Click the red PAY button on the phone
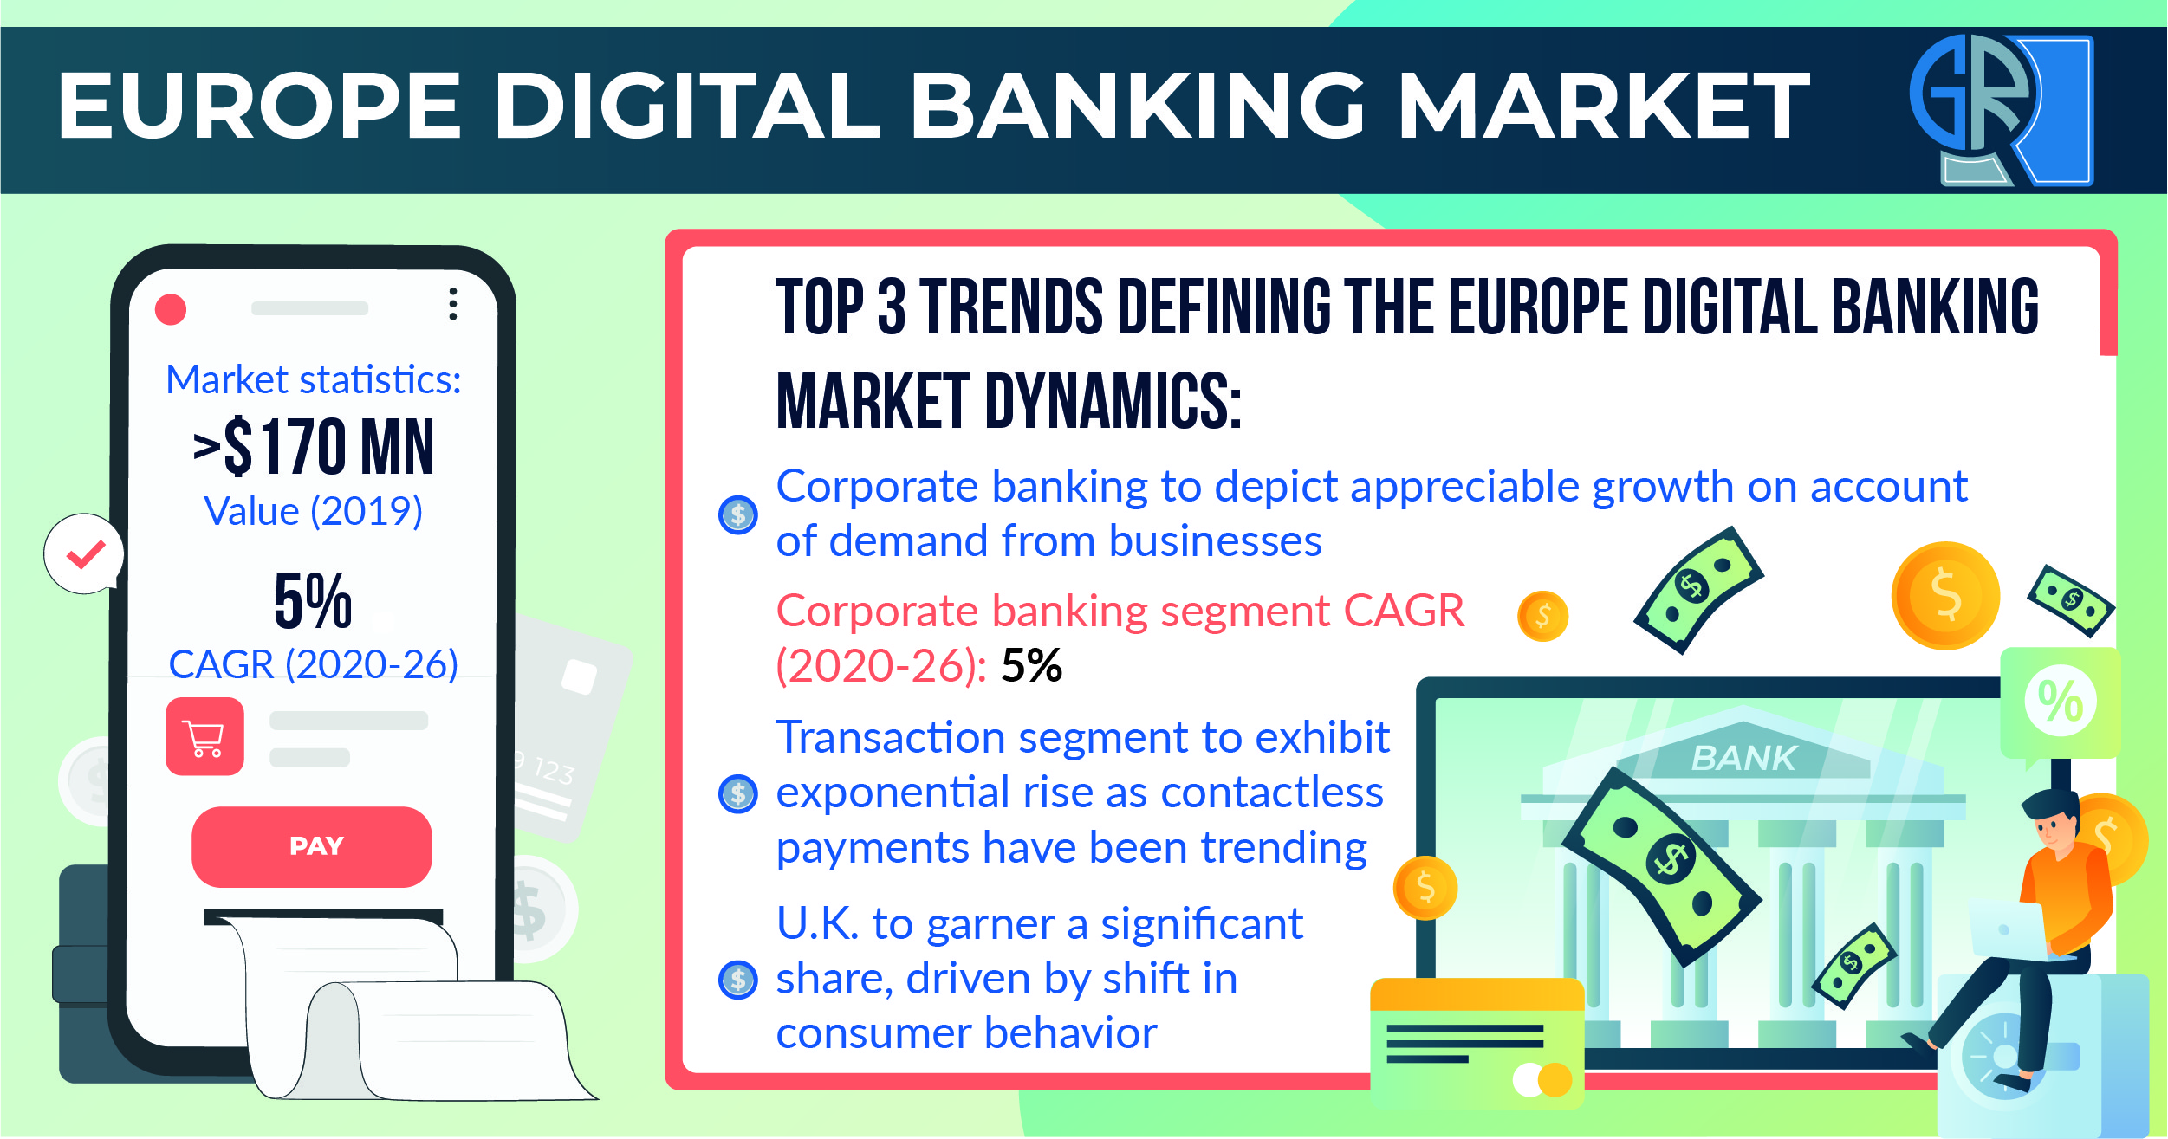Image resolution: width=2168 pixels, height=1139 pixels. (x=312, y=846)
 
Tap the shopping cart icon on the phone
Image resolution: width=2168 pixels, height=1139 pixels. (x=204, y=736)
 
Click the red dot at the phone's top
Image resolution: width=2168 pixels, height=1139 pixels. (x=171, y=309)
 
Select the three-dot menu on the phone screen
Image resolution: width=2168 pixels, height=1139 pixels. (x=452, y=304)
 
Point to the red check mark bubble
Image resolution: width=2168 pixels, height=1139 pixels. (x=84, y=554)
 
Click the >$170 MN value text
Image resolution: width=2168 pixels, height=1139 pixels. (x=313, y=447)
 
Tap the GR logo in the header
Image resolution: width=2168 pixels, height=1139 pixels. (x=2002, y=110)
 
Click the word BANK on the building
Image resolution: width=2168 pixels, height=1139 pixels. (x=1744, y=758)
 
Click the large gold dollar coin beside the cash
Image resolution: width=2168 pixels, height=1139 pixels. (x=1945, y=596)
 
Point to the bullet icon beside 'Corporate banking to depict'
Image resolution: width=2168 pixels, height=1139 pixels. (x=738, y=515)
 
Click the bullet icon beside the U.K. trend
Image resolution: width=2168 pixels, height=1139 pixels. (x=738, y=980)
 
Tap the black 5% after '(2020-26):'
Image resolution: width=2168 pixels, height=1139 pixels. (x=1031, y=665)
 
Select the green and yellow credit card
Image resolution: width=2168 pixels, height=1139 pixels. (x=1477, y=1044)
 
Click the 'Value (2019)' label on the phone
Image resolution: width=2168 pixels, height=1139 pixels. (x=313, y=511)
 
